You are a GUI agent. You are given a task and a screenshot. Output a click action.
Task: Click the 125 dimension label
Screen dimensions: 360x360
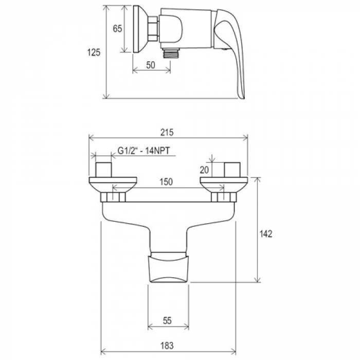(94, 52)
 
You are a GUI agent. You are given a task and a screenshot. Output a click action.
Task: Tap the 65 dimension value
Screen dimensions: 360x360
(117, 29)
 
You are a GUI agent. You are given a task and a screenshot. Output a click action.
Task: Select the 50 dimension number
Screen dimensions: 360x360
(151, 65)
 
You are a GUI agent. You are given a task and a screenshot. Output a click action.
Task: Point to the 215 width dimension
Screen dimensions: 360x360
(167, 133)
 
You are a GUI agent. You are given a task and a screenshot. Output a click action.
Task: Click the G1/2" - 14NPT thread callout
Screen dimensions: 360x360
(143, 151)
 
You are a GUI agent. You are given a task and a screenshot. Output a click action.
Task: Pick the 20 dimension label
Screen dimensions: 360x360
(204, 170)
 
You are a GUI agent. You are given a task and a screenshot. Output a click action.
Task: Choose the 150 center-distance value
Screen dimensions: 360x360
(166, 182)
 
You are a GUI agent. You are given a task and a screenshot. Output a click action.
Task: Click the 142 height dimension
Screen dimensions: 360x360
(266, 233)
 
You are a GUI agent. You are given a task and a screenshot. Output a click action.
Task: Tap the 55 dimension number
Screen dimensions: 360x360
(167, 320)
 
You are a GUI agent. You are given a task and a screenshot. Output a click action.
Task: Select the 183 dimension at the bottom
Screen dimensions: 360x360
(167, 346)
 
